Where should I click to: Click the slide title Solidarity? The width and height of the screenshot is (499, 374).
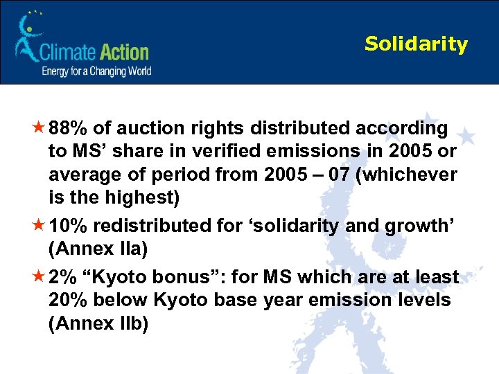click(x=416, y=44)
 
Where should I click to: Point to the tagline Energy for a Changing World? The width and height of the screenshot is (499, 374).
click(x=96, y=71)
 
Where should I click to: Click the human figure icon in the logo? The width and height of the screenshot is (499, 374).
click(x=28, y=39)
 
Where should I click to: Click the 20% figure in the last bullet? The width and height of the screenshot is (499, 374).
click(x=69, y=301)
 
